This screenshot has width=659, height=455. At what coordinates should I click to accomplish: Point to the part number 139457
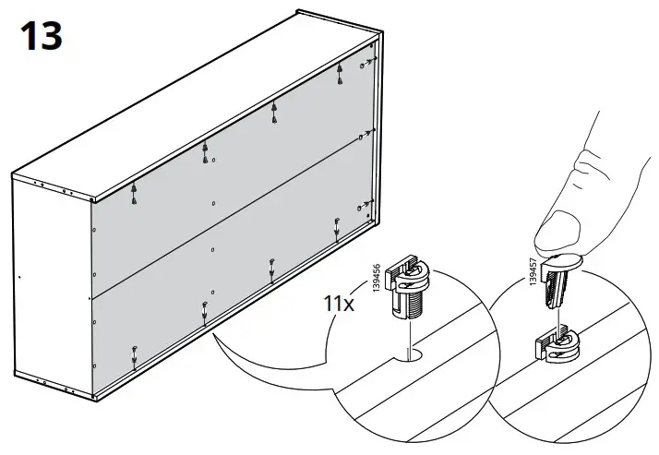tap(533, 274)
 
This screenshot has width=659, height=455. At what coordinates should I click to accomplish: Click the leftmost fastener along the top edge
tap(135, 191)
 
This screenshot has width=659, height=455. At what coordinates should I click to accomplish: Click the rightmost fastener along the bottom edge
tap(337, 224)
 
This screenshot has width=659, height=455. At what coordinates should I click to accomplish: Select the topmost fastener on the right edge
tap(368, 62)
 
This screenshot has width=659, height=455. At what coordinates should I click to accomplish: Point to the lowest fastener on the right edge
tap(365, 205)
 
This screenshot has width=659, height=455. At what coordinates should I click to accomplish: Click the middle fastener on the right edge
tap(367, 134)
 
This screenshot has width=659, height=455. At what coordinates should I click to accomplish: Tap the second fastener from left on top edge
tap(204, 152)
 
